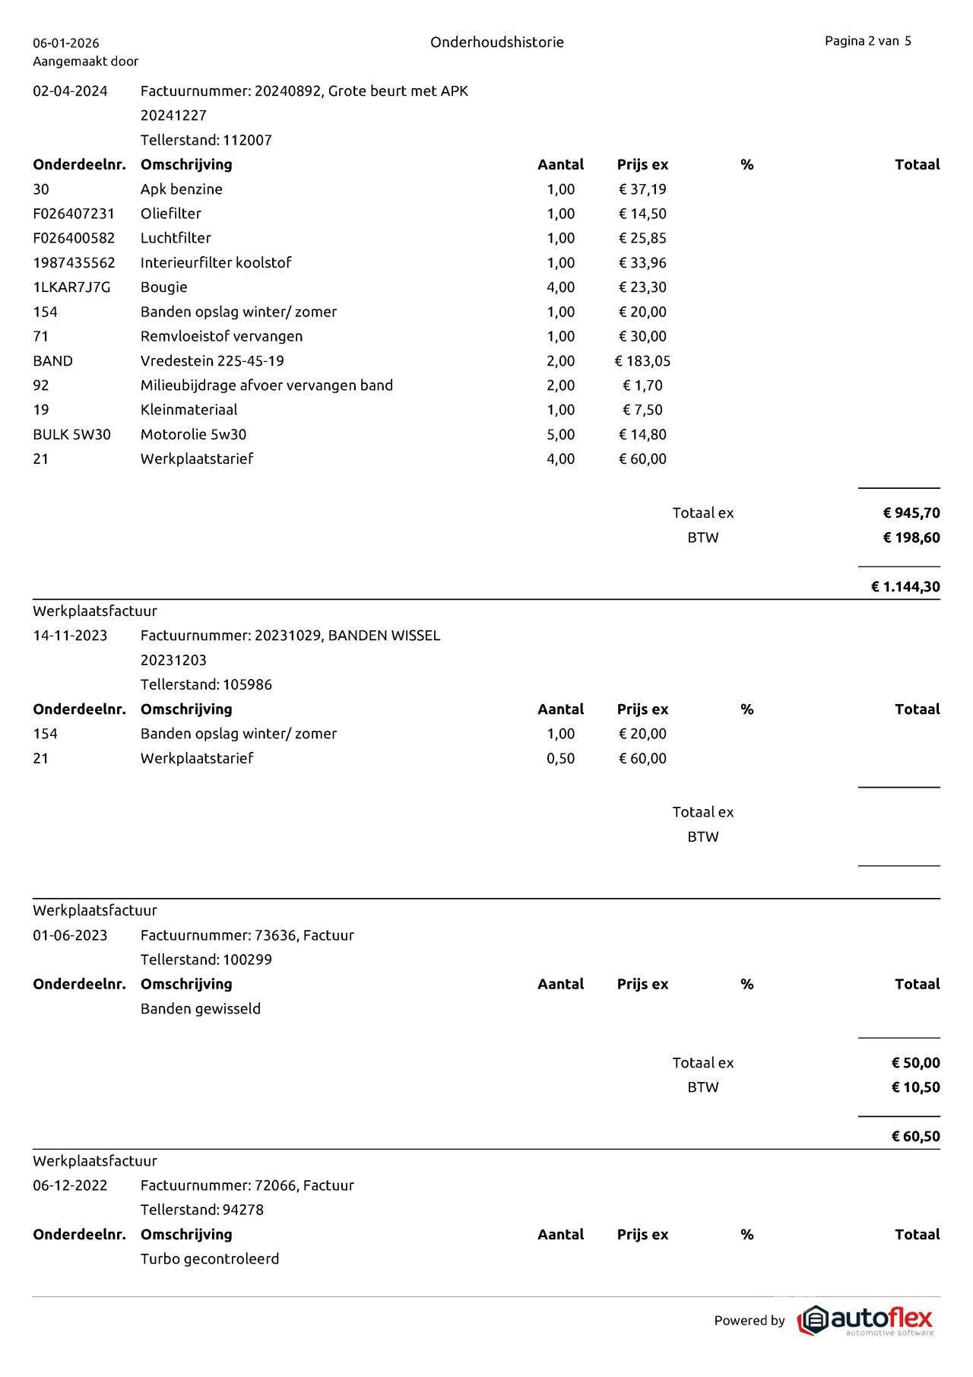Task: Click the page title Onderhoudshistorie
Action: pyautogui.click(x=496, y=43)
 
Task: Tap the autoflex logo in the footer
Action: pyautogui.click(x=865, y=1321)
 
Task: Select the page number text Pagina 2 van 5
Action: pyautogui.click(x=867, y=41)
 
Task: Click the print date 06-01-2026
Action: pyautogui.click(x=66, y=43)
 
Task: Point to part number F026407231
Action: pyautogui.click(x=74, y=214)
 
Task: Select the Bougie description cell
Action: pyautogui.click(x=163, y=287)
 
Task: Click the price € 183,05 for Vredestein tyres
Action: pyautogui.click(x=642, y=361)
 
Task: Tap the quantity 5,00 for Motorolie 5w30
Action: pyautogui.click(x=560, y=435)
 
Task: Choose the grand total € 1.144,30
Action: pyautogui.click(x=905, y=587)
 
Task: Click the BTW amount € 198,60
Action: pyautogui.click(x=911, y=538)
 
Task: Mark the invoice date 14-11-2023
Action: pyautogui.click(x=70, y=636)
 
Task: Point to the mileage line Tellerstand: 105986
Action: pyautogui.click(x=206, y=684)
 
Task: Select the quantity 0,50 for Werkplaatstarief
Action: pyautogui.click(x=560, y=758)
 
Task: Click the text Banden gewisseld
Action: pyautogui.click(x=201, y=1009)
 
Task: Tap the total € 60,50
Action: pyautogui.click(x=915, y=1137)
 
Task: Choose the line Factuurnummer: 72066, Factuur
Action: pyautogui.click(x=247, y=1185)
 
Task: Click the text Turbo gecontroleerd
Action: pyautogui.click(x=210, y=1259)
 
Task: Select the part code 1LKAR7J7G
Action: pyautogui.click(x=71, y=287)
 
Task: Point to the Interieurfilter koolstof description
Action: pyautogui.click(x=216, y=263)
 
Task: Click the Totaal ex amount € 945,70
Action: pyautogui.click(x=911, y=513)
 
